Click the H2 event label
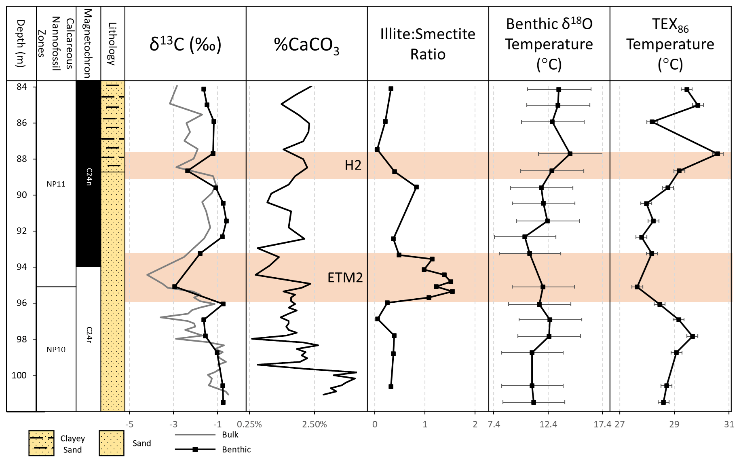[353, 165]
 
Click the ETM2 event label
[345, 278]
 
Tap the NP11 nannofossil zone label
[56, 184]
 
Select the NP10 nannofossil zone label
[56, 350]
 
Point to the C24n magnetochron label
[89, 177]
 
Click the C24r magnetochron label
[89, 335]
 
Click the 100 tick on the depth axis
[19, 375]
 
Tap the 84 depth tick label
[21, 87]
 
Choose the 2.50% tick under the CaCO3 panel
[315, 425]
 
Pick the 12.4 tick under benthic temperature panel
[548, 425]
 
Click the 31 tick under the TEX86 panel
[729, 425]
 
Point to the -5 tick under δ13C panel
[129, 425]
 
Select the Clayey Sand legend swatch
[41, 443]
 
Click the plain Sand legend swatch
[112, 443]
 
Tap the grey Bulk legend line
[195, 435]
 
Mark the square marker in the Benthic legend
[195, 450]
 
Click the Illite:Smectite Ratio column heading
[428, 44]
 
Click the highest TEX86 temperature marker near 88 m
[717, 154]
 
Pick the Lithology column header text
[112, 44]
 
